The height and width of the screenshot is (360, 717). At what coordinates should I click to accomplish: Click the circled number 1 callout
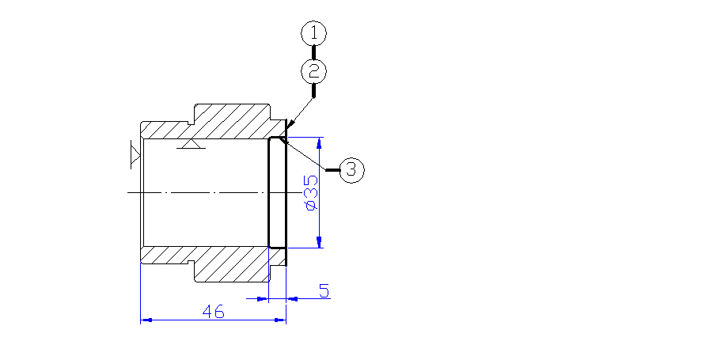coord(314,33)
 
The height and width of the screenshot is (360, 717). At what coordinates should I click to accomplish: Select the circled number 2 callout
coord(314,71)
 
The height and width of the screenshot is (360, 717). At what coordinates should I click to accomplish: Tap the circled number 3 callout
coord(351,169)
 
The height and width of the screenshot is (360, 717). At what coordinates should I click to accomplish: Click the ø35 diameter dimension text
coord(311,192)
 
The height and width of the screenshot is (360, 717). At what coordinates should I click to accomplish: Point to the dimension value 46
coord(213,312)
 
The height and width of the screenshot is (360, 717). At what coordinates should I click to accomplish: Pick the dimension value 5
coord(324,290)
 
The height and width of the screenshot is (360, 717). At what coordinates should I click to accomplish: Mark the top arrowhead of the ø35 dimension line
coord(319,143)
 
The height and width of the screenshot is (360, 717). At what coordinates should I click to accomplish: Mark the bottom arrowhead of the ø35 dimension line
coord(319,242)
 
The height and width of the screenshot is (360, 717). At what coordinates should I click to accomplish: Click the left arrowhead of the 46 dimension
coord(146,320)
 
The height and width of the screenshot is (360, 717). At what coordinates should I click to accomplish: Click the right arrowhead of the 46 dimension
coord(280,320)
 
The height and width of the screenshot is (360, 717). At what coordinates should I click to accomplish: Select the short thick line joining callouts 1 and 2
coord(314,52)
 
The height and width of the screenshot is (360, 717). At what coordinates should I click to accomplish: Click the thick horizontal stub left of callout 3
coord(333,169)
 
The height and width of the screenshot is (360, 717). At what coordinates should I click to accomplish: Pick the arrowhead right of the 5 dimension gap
coord(291,298)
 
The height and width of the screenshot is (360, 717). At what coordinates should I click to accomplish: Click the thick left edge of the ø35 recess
coord(268,192)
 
